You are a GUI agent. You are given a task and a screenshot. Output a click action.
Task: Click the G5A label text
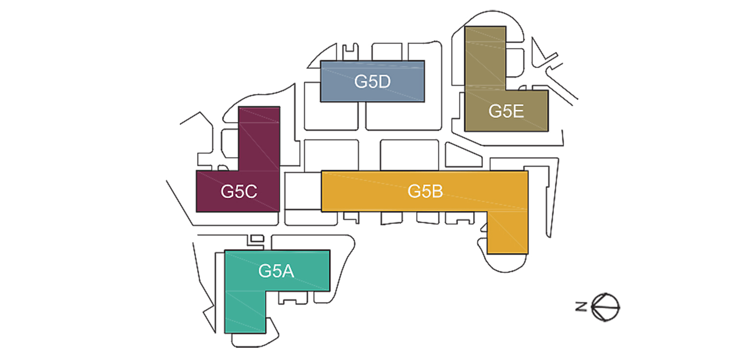tap(276, 271)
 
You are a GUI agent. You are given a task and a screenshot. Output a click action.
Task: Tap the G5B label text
tap(425, 191)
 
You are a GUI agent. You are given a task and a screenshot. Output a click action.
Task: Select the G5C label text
tap(239, 192)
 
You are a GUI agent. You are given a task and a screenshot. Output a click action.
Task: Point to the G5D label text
tap(372, 82)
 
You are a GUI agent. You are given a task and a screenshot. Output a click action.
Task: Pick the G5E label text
tap(506, 112)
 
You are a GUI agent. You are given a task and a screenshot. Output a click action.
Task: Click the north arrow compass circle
tap(605, 307)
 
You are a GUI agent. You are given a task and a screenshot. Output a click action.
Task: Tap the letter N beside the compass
tap(581, 306)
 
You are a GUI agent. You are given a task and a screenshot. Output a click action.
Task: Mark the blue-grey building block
tap(372, 82)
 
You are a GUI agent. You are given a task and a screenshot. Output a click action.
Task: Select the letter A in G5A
tap(288, 271)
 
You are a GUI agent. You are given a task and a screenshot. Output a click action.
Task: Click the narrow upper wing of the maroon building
tap(259, 138)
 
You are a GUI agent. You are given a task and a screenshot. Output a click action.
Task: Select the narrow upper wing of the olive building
tap(485, 58)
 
